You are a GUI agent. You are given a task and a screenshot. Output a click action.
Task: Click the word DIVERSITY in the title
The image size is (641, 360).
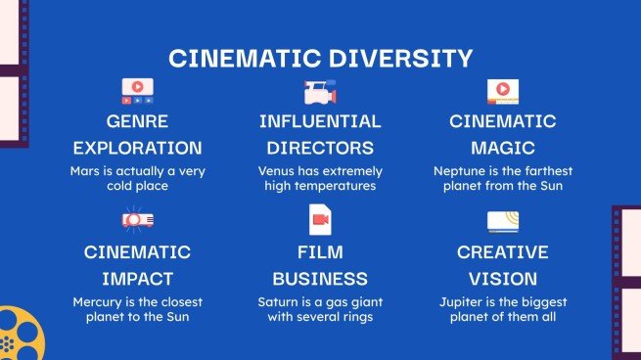[398, 58]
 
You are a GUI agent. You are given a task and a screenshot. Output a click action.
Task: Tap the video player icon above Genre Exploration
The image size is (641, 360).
[137, 92]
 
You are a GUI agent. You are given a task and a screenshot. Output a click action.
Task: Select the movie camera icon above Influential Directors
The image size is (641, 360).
[319, 93]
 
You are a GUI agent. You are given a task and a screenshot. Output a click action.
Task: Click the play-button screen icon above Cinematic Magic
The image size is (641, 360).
[503, 92]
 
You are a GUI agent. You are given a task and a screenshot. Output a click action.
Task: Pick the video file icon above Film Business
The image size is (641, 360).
[320, 219]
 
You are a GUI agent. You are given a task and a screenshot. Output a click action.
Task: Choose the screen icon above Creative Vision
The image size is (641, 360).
[503, 219]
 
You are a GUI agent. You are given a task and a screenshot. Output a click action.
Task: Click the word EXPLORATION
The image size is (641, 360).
[137, 149]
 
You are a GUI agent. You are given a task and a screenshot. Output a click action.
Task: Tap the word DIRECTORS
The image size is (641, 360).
[320, 149]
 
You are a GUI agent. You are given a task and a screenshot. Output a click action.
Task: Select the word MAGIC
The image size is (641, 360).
[503, 149]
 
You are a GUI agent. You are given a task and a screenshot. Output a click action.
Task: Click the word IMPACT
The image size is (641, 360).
[137, 277]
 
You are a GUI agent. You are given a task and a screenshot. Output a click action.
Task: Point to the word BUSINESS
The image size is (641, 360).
[320, 277]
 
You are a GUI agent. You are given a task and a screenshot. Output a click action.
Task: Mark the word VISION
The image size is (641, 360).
[503, 277]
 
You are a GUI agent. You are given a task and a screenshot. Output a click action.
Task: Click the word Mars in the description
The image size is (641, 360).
[85, 170]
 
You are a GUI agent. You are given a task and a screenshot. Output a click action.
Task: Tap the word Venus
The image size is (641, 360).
[278, 170]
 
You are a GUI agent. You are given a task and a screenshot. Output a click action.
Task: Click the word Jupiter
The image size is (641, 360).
[461, 301]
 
